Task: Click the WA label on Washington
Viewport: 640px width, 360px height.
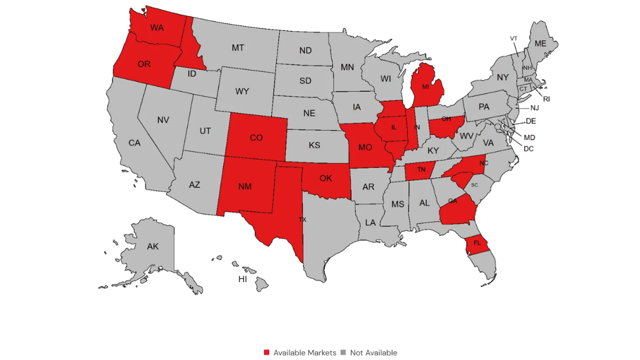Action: [x=157, y=27]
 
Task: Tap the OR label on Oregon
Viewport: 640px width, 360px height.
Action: [x=144, y=64]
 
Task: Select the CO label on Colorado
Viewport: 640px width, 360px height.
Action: [x=256, y=138]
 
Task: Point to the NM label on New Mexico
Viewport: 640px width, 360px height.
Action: [x=245, y=186]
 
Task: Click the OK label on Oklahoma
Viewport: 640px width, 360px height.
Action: [x=326, y=178]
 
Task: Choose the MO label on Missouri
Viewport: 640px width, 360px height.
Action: [x=365, y=147]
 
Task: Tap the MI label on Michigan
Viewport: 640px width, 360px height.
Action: [x=425, y=87]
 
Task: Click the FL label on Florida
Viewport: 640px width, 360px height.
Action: [x=477, y=243]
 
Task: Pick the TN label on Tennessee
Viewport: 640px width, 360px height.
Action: [x=422, y=170]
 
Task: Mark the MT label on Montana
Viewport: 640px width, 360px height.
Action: [x=238, y=48]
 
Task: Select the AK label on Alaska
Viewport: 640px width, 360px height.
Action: [x=153, y=247]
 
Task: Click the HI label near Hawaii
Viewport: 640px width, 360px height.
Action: [x=243, y=279]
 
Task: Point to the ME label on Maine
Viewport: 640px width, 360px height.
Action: [x=541, y=43]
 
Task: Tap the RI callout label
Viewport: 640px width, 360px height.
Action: [x=547, y=99]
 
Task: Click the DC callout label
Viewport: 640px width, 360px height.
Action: [x=528, y=148]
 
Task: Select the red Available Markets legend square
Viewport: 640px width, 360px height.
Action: [x=267, y=353]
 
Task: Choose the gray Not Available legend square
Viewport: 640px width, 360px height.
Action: [x=344, y=353]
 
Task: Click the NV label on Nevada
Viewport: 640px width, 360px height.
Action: [x=163, y=120]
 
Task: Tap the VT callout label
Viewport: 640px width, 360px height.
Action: [x=513, y=38]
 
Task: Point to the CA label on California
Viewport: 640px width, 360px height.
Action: [x=134, y=143]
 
